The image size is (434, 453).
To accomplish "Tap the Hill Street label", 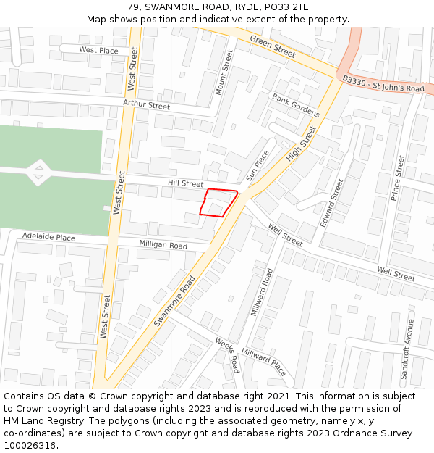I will pyautogui.click(x=185, y=184).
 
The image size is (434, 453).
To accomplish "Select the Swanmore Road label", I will pyautogui.click(x=175, y=300).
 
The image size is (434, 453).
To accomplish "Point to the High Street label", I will pyautogui.click(x=301, y=144).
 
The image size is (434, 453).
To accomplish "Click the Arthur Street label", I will pyautogui.click(x=146, y=105).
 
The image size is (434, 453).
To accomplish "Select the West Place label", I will pyautogui.click(x=98, y=50).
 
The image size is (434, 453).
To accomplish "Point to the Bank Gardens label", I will pyautogui.click(x=295, y=105).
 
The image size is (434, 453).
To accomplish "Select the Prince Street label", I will pyautogui.click(x=398, y=178).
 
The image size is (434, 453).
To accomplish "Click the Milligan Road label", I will pyautogui.click(x=163, y=245).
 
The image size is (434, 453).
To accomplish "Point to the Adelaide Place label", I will pyautogui.click(x=48, y=237).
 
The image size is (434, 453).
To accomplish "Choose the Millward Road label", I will pyautogui.click(x=261, y=292).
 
